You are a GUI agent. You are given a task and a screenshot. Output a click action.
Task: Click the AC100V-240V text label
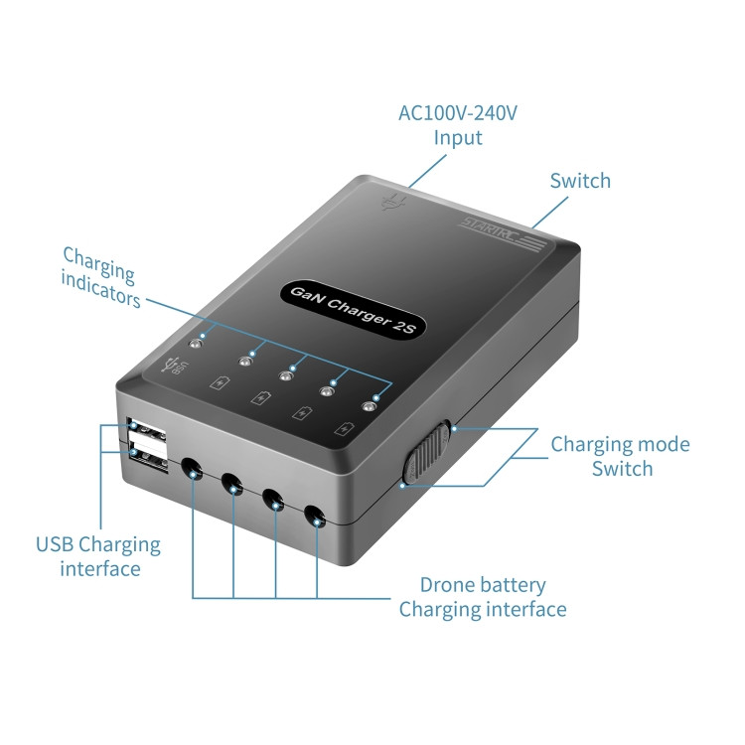click(458, 113)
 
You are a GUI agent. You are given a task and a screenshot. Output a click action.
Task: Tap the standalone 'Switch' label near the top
click(580, 181)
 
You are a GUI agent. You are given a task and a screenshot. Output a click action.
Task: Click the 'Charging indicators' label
click(100, 278)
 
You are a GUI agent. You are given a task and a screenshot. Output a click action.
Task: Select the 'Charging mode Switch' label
click(620, 456)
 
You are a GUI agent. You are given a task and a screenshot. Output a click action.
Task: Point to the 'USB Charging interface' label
click(98, 556)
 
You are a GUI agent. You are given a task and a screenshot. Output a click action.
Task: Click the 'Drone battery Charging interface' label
click(483, 597)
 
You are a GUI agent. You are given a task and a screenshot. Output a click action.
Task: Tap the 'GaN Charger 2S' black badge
click(352, 310)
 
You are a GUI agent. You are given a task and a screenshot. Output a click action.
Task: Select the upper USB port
click(147, 431)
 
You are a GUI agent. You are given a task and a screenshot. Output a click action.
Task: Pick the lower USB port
click(149, 458)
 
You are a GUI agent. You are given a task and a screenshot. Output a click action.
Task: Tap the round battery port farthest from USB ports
click(315, 517)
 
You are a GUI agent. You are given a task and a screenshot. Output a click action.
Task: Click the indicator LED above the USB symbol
click(195, 343)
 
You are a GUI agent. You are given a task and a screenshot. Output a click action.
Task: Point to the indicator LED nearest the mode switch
click(369, 406)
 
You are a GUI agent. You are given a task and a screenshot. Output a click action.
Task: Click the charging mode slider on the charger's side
click(427, 453)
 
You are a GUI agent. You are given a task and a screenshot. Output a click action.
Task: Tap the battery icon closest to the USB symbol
click(220, 382)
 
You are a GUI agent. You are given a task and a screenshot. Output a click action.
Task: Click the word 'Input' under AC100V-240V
click(458, 138)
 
